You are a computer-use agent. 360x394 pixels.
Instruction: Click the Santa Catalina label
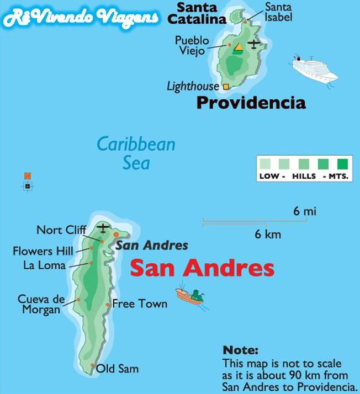[x=200, y=14]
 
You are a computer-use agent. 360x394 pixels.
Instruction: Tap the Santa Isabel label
[x=278, y=12]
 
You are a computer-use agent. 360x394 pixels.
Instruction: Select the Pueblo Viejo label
[x=192, y=46]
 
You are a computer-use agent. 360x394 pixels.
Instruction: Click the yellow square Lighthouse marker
[x=226, y=87]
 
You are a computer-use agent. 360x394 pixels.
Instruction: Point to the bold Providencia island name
[x=251, y=103]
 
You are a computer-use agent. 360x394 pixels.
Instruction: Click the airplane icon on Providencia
[x=253, y=44]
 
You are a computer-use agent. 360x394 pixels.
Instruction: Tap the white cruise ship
[x=314, y=70]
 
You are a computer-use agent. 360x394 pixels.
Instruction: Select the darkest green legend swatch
[x=343, y=163]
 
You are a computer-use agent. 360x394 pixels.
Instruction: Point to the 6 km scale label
[x=268, y=234]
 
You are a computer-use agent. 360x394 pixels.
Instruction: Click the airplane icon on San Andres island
[x=103, y=227]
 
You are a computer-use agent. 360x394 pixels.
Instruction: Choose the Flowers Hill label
[x=43, y=251]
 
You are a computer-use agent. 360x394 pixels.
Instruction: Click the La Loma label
[x=44, y=265]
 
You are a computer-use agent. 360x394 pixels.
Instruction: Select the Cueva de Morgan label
[x=41, y=304]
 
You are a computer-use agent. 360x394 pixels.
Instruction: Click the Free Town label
[x=140, y=304]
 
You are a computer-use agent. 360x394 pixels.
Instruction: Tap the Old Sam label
[x=117, y=369]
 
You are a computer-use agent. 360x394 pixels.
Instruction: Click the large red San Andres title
[x=202, y=269]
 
